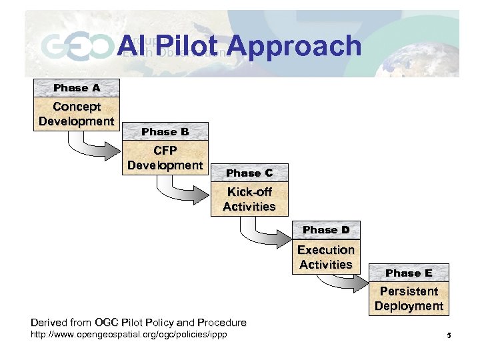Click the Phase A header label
point(77,88)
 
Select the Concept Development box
point(77,114)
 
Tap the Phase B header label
point(165,132)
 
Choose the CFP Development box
point(165,158)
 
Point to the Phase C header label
point(249,173)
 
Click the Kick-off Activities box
point(249,199)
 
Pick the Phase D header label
point(326,230)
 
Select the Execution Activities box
point(326,257)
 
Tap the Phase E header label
point(409,273)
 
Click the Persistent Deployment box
point(409,299)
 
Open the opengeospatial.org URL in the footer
point(129,334)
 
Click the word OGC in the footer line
point(109,323)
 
